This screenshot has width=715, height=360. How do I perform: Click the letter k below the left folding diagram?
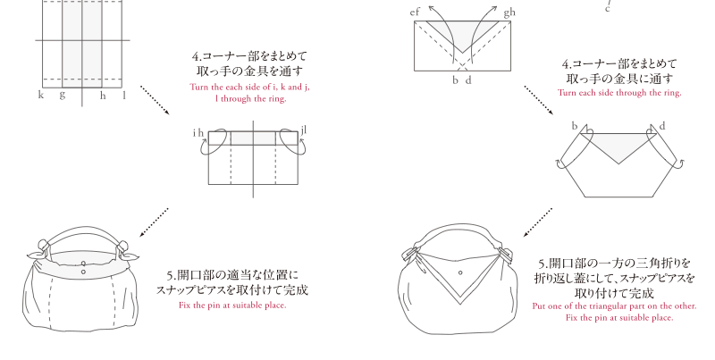click(41, 95)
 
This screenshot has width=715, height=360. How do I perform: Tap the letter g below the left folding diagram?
click(62, 96)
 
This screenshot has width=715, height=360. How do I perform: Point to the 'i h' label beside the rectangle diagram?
click(198, 132)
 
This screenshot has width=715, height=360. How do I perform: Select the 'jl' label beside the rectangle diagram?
click(304, 130)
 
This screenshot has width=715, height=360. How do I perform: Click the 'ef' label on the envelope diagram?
click(415, 13)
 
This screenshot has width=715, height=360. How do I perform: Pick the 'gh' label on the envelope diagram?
click(509, 13)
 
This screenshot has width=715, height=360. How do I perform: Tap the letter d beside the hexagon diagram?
click(662, 126)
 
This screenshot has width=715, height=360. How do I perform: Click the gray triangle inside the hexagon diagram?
click(618, 146)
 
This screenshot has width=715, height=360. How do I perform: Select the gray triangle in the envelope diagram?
click(462, 33)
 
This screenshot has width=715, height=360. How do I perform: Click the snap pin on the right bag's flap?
click(460, 273)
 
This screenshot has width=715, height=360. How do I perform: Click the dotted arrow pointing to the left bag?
click(154, 222)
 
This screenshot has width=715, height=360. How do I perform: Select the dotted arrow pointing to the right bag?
click(538, 222)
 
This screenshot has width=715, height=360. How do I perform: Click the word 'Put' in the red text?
click(539, 306)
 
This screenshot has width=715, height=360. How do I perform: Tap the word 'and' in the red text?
click(295, 87)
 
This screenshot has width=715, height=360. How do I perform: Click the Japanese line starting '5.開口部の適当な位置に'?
click(232, 275)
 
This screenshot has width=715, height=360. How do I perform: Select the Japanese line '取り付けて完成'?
click(614, 293)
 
